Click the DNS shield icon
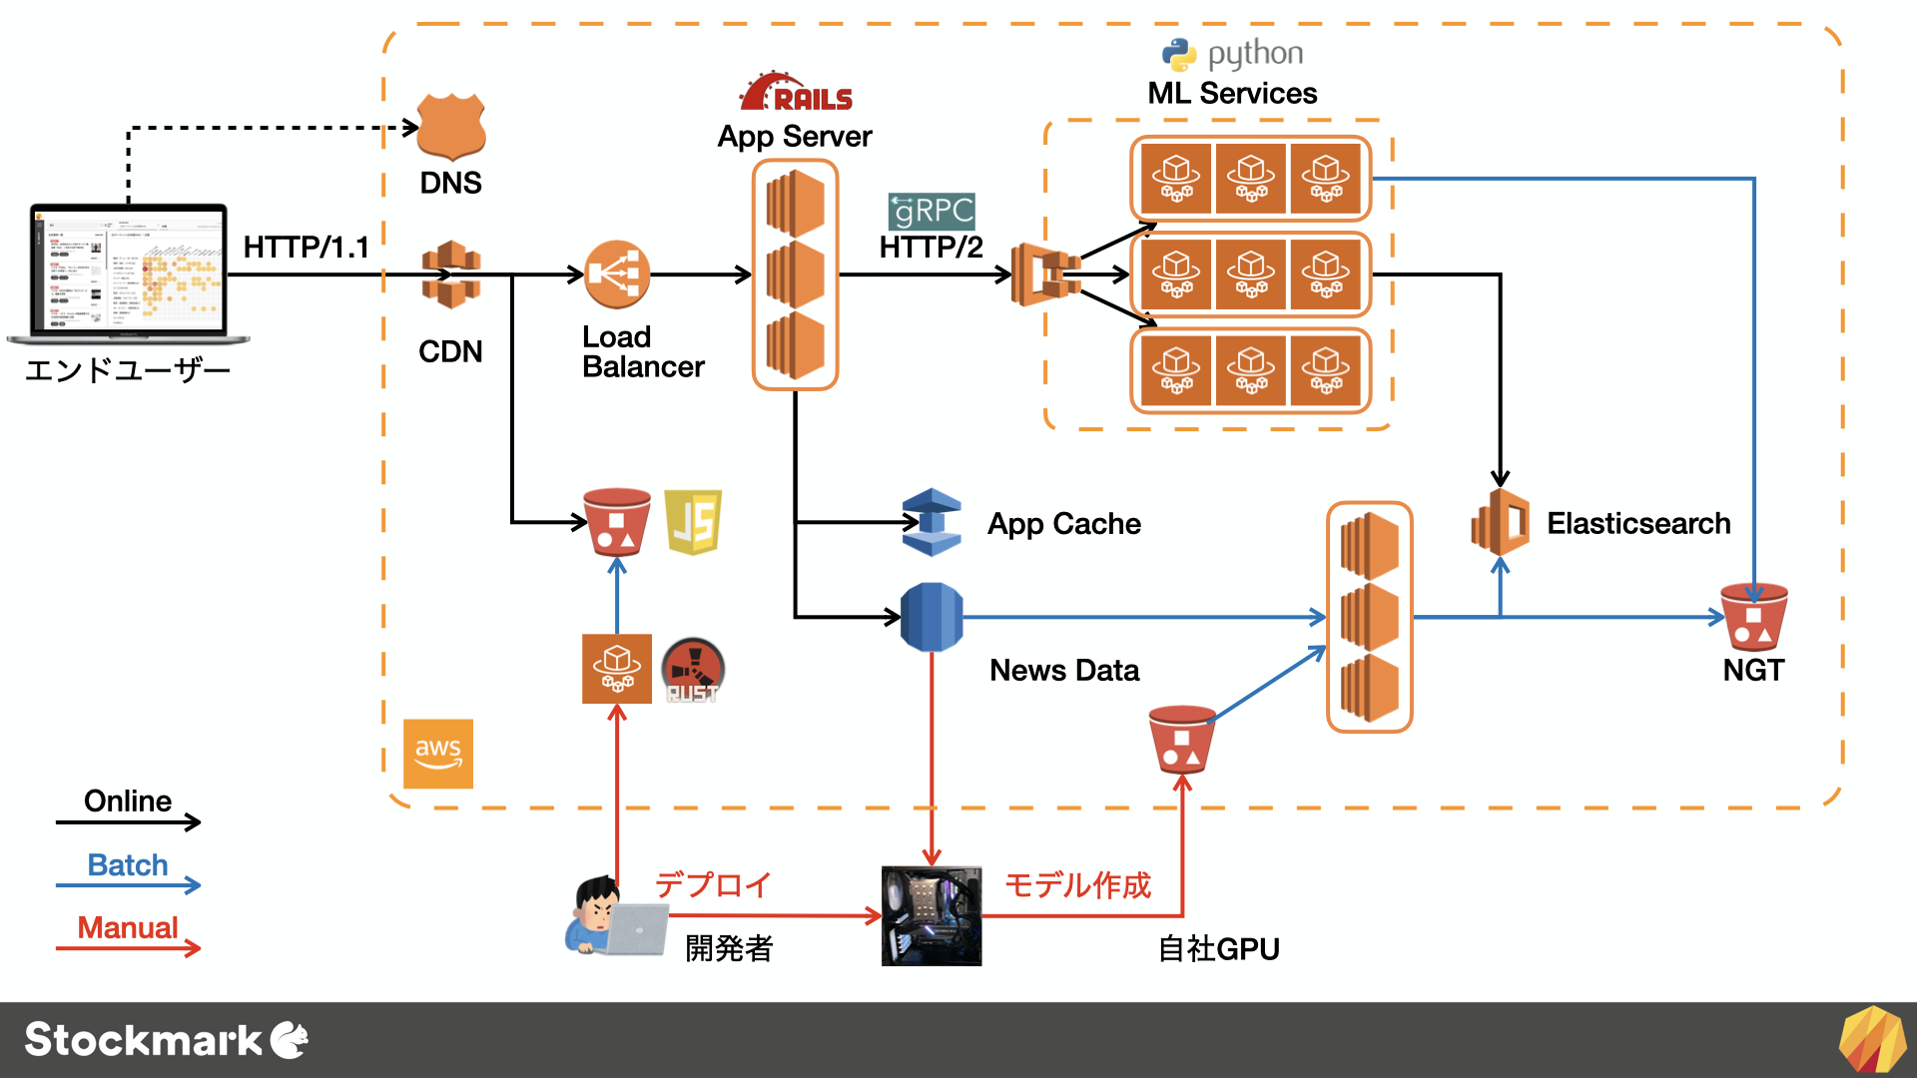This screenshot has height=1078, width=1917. click(x=451, y=127)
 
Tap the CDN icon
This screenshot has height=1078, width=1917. click(x=451, y=274)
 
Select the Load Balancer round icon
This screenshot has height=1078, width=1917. click(x=617, y=274)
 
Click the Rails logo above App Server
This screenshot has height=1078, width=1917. click(x=796, y=92)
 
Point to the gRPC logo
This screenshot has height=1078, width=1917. click(x=932, y=211)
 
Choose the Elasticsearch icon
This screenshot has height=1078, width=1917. click(x=1501, y=522)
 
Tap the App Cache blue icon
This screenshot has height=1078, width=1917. click(x=932, y=522)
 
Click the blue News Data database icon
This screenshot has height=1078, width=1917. click(x=932, y=617)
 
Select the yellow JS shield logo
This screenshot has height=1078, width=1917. click(x=693, y=522)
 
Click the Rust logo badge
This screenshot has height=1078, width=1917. click(x=693, y=669)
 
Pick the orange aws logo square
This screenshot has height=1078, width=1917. click(x=438, y=754)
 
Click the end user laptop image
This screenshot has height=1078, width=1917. click(x=128, y=271)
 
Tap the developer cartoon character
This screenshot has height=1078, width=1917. click(x=599, y=914)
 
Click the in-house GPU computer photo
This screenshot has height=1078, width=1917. click(x=932, y=915)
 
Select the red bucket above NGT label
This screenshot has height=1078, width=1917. click(x=1754, y=617)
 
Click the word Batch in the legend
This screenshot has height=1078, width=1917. click(x=128, y=864)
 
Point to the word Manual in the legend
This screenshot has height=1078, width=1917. click(x=128, y=927)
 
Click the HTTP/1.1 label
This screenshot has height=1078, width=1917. click(x=307, y=247)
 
